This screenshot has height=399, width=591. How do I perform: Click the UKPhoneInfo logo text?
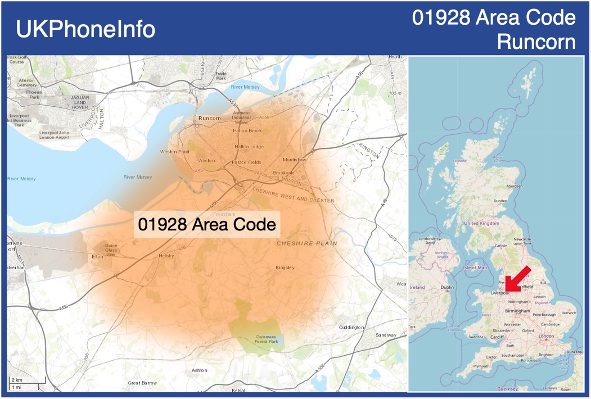point(85,29)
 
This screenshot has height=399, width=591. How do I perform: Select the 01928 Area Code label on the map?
point(207,224)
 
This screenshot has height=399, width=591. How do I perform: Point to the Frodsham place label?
point(224,214)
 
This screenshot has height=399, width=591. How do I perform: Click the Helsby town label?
point(166,256)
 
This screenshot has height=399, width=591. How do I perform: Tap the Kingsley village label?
point(285,267)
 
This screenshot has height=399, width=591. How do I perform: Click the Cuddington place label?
point(352,327)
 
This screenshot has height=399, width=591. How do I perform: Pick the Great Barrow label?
point(142,383)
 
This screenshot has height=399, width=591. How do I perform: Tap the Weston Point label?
point(175,152)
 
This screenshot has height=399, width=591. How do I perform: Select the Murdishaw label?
point(295,160)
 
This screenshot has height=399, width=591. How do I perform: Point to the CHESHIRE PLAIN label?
point(306,243)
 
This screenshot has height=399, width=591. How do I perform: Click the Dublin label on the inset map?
point(448,287)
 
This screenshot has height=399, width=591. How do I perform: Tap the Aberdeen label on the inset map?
point(515,185)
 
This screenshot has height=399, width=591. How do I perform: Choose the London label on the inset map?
point(546,336)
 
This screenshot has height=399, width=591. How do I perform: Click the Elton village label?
point(97,257)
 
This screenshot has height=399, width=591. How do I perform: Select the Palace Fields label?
point(246,162)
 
